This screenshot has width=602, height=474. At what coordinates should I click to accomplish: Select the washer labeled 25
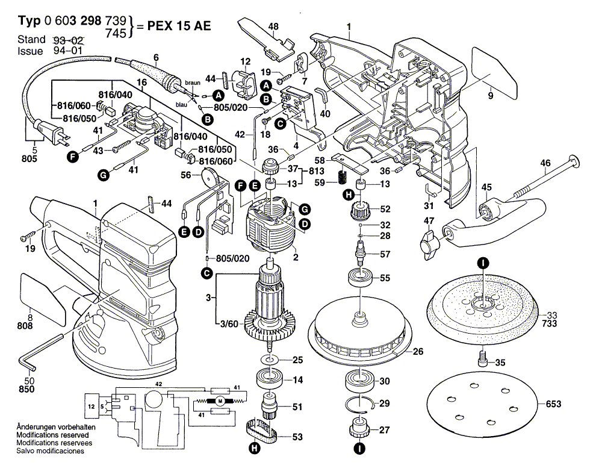pos(268,360)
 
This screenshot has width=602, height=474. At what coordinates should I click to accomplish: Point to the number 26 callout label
pos(418,351)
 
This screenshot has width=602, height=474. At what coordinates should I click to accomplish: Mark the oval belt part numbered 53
pos(260,432)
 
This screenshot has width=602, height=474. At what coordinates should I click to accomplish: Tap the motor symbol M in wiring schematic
pos(220,401)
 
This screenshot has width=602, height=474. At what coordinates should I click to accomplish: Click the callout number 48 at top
pos(273,27)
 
